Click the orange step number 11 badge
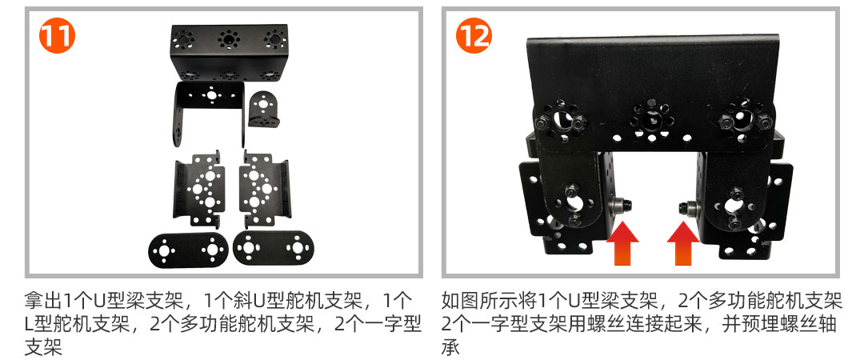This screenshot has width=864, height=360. point(58,35)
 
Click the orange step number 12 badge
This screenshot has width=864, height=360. point(474,35)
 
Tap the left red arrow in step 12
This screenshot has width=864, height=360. point(622,243)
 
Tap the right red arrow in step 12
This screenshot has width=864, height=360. point(683,243)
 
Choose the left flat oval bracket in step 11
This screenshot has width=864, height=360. point(188,250)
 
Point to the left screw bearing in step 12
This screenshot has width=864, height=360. point(621,206)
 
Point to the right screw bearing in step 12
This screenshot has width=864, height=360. point(688,208)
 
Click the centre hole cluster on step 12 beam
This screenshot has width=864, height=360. point(651,118)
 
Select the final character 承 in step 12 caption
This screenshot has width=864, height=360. point(451,347)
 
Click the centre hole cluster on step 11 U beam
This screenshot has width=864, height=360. point(227,38)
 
